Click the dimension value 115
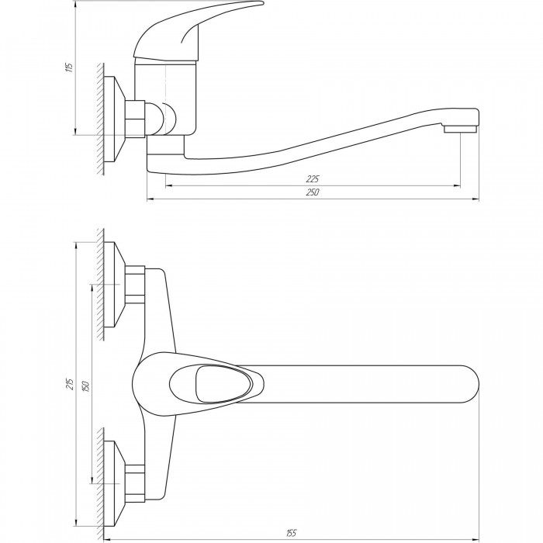point(70,67)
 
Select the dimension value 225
point(313,178)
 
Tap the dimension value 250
point(313,192)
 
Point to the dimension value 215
point(71,384)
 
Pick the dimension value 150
point(86,386)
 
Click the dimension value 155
point(292,533)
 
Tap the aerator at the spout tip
point(460,130)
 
